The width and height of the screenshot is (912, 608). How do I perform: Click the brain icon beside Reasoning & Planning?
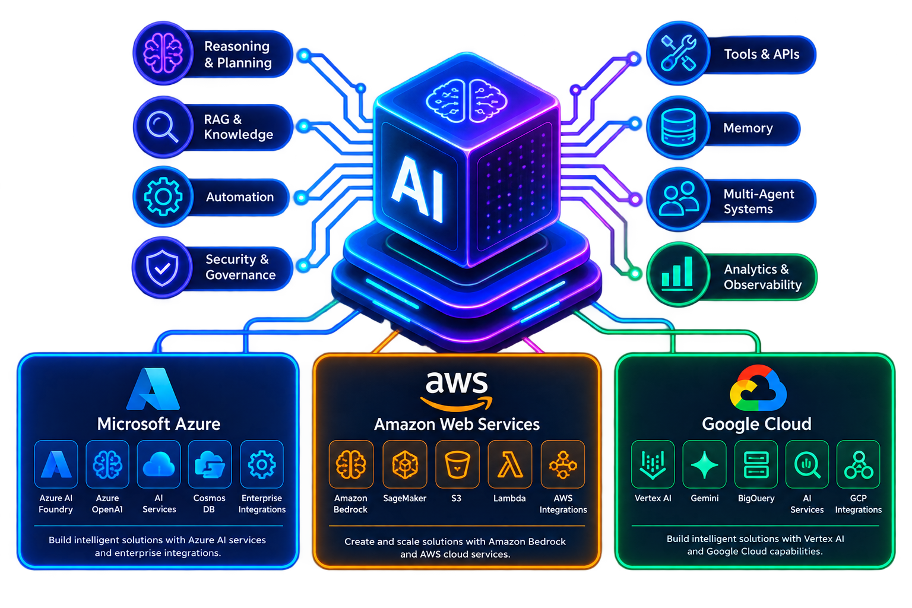point(163,53)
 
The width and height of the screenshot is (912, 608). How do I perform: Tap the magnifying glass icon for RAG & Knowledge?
point(161,126)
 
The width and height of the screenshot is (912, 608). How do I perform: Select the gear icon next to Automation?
point(163,197)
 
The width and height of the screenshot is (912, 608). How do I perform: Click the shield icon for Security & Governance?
point(162,268)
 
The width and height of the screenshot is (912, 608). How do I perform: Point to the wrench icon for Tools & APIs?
point(678,53)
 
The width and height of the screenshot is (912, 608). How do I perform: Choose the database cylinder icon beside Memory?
point(678,128)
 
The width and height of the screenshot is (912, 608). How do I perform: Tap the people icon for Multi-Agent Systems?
point(678,198)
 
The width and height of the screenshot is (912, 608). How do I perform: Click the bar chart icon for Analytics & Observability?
point(677,273)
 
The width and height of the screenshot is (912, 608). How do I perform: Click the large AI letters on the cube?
point(418,188)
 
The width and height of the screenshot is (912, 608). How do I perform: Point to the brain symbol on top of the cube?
point(467,100)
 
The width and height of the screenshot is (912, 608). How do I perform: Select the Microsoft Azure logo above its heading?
point(153,389)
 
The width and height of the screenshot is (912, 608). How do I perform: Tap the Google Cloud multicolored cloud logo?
point(758,388)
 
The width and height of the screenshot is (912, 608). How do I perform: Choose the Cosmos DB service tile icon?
point(210,464)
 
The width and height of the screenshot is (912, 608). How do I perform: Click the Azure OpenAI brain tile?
point(107,464)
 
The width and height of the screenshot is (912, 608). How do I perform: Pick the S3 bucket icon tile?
point(457,464)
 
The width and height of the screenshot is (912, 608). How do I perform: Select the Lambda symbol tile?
point(510,464)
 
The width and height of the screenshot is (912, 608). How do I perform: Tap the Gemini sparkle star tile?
point(704,464)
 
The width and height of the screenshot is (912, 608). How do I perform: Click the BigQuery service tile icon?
point(756,464)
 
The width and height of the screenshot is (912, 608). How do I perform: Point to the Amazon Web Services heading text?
point(457,425)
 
